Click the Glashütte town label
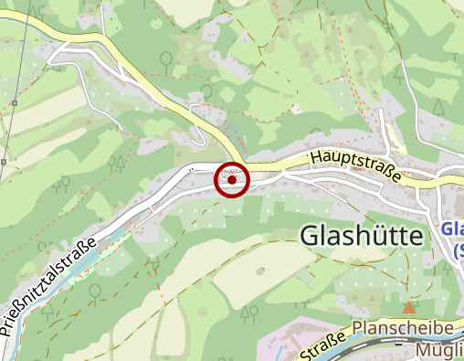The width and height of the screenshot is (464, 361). (x=363, y=236)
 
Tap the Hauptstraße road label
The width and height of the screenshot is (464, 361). (x=355, y=165)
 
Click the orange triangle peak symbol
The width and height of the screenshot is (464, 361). (x=408, y=308)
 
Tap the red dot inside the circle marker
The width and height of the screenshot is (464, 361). (x=233, y=180)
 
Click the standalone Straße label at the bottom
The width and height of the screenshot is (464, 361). (x=322, y=347)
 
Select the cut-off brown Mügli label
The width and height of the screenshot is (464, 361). (x=438, y=350)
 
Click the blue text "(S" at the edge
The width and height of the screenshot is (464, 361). (x=454, y=249)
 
